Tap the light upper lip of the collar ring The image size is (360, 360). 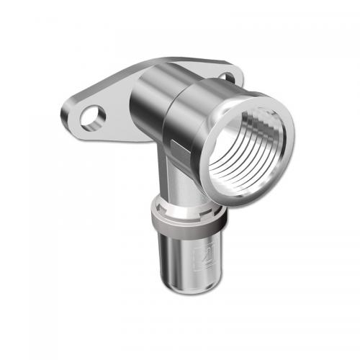tap(189, 214)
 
